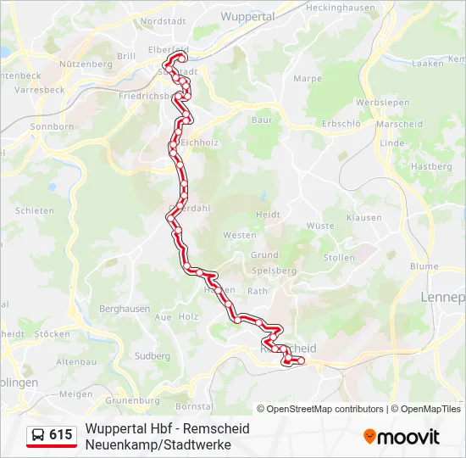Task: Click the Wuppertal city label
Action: [x=247, y=16]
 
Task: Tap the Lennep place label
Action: [x=443, y=298]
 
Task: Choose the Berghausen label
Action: [x=125, y=310]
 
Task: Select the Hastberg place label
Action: [x=431, y=167]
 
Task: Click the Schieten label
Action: [x=35, y=211]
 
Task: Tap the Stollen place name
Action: [x=339, y=258]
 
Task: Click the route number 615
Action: [x=61, y=435]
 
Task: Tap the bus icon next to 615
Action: [x=38, y=436]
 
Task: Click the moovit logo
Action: [x=402, y=437]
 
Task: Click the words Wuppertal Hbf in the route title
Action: [x=121, y=429]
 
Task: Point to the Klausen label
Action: [x=363, y=218]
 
